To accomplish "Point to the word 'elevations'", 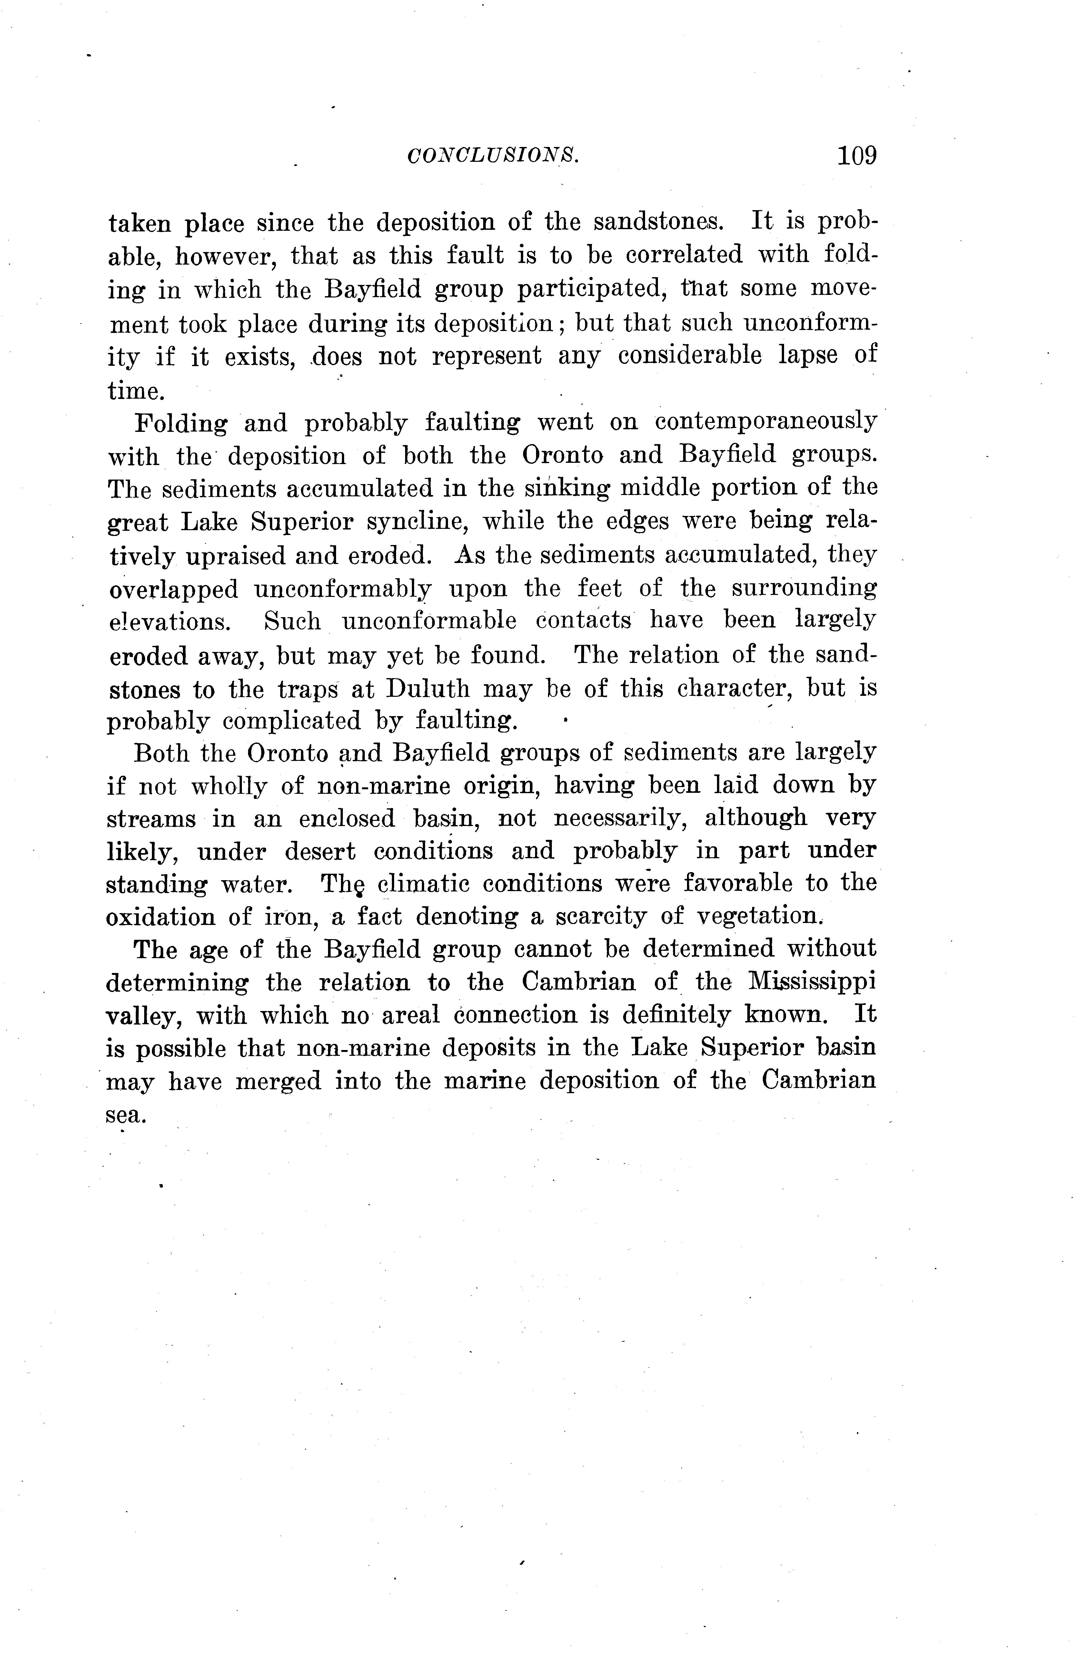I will [169, 622].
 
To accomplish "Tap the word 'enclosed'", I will [347, 820].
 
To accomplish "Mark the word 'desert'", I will [320, 851].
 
